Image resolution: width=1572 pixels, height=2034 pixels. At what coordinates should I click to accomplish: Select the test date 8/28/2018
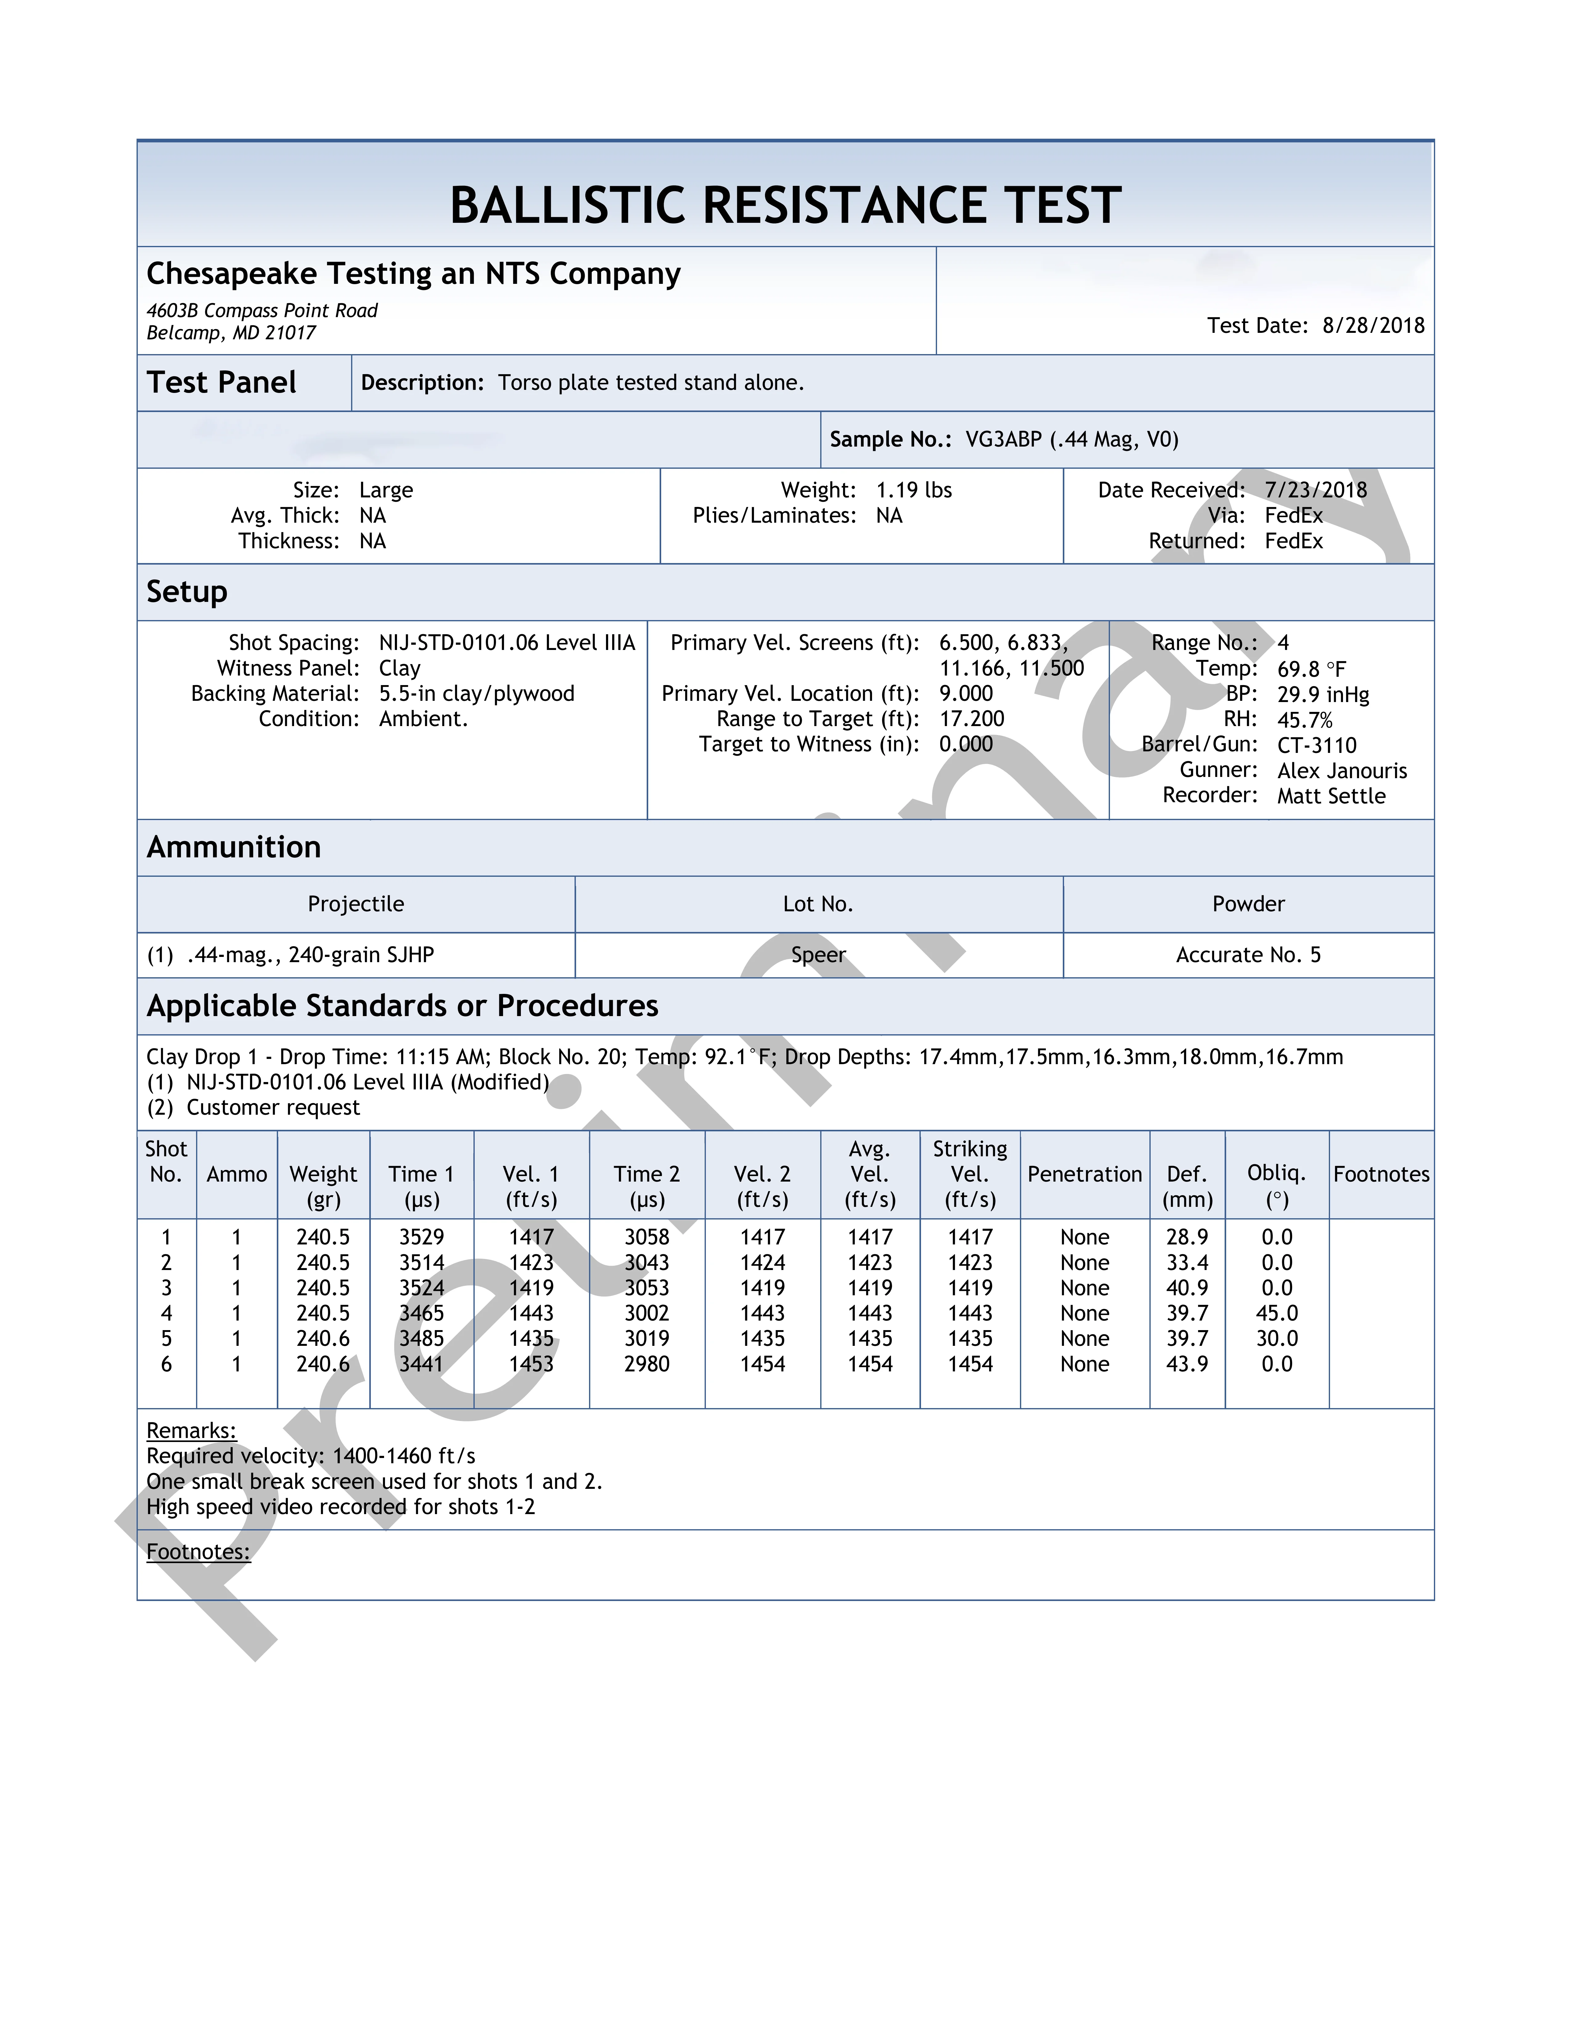1373,325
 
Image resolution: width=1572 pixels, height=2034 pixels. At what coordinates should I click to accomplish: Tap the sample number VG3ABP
1003,439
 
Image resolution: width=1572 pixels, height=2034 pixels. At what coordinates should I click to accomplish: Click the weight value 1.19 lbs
914,490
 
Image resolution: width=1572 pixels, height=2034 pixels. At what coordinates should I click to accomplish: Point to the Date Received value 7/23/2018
1315,490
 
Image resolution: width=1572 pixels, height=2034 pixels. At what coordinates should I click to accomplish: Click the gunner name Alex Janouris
1341,770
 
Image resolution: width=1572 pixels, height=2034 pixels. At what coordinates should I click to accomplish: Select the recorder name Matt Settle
1331,795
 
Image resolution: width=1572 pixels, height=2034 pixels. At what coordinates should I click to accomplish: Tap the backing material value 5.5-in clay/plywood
476,694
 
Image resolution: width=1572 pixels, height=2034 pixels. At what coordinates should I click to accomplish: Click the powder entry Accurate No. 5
1248,955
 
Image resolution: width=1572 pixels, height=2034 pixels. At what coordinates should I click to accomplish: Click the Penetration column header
1084,1174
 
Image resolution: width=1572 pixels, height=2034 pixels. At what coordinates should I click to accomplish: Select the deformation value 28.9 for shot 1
1186,1237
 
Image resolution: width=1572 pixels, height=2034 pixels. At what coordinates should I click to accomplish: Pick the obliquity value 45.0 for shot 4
1276,1313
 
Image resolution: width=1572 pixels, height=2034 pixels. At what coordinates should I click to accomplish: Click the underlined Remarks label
191,1431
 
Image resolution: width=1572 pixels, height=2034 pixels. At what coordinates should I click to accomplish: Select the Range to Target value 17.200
971,719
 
